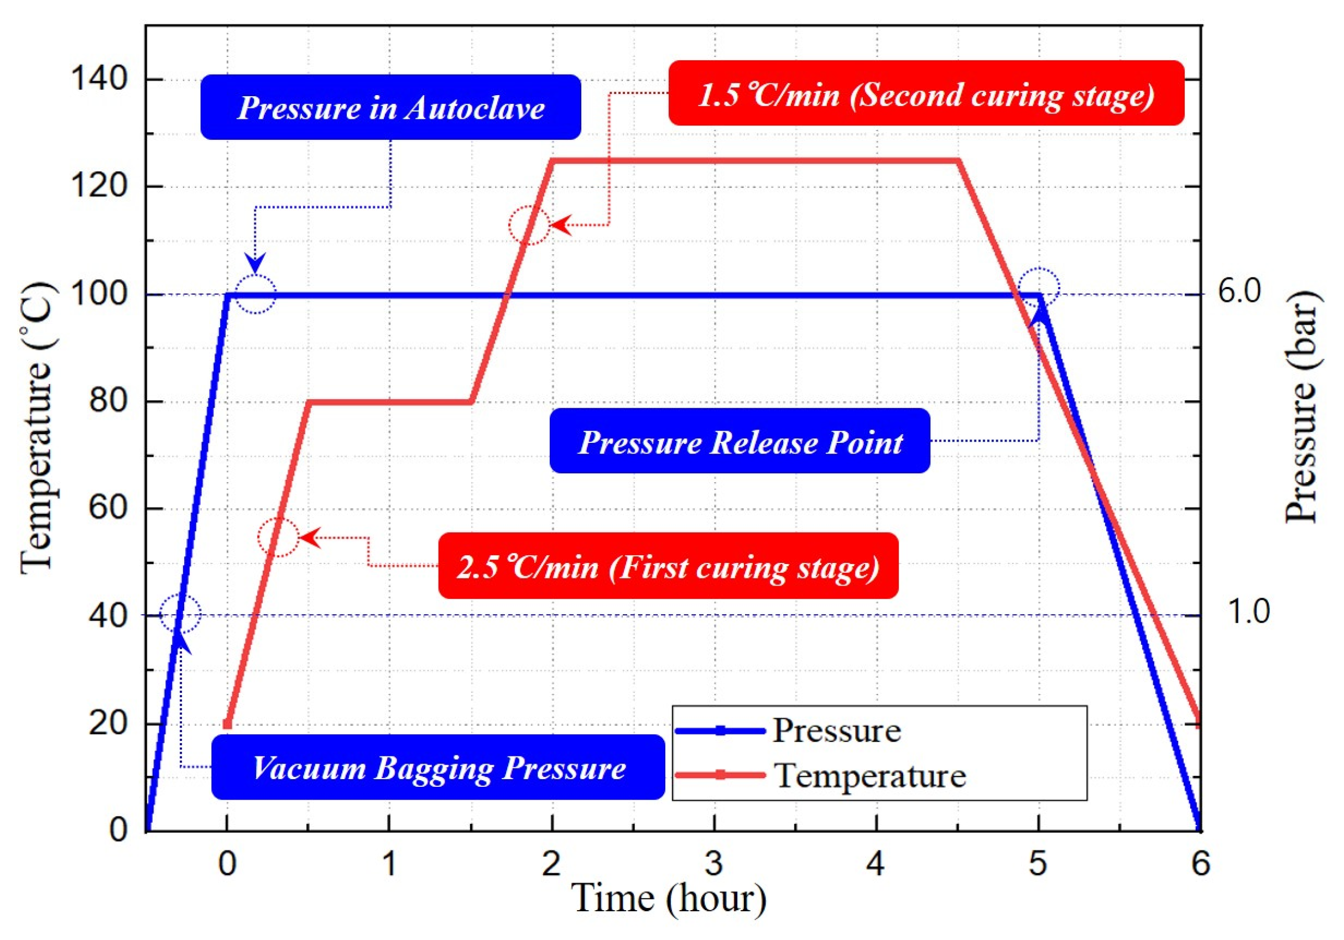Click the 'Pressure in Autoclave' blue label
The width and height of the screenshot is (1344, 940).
click(390, 107)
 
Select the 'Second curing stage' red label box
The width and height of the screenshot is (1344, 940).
click(926, 93)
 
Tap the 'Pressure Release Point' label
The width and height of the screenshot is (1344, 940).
click(740, 441)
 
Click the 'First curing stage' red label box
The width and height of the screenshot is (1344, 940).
click(668, 566)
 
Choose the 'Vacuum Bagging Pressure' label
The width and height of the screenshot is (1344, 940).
click(438, 767)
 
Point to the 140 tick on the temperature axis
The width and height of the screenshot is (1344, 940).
click(98, 78)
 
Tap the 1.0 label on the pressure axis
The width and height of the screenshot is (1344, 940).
click(1247, 612)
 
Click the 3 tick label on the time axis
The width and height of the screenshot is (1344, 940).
click(713, 863)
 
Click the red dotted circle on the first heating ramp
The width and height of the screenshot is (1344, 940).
click(279, 537)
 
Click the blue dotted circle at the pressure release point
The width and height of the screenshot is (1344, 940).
click(1039, 288)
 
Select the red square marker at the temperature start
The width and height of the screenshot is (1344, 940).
click(228, 724)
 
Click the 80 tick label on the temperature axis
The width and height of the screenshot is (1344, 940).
click(108, 401)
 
